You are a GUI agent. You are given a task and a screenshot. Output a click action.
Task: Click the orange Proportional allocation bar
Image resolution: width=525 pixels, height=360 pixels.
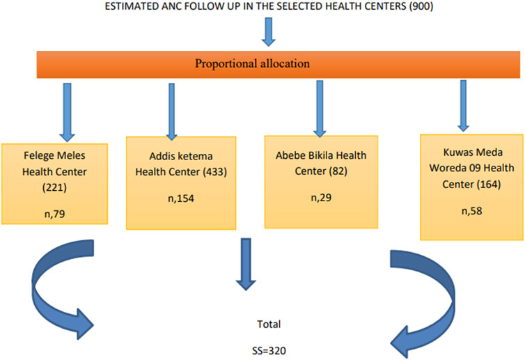coord(279,64)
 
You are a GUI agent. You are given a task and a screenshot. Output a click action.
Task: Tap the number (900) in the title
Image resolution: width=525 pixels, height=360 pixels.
coord(421,6)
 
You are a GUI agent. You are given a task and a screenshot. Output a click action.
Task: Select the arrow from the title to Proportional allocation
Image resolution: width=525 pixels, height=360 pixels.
coord(268,32)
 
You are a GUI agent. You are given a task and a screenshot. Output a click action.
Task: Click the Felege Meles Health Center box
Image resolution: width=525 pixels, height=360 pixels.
coord(54,184)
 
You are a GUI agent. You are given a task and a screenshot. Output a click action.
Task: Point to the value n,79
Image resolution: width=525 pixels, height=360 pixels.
coord(54,214)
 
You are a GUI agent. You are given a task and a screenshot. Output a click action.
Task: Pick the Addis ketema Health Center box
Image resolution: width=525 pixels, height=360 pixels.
coord(181,183)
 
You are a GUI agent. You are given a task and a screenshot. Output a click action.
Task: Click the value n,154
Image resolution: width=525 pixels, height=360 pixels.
coord(181,198)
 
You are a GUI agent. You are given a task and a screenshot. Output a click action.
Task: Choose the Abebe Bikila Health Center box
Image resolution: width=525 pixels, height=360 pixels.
coord(321,182)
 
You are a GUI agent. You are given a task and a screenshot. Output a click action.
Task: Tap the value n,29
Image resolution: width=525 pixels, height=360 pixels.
coord(321,198)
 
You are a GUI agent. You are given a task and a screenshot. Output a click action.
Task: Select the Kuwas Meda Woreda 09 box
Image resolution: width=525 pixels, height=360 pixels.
coord(471,187)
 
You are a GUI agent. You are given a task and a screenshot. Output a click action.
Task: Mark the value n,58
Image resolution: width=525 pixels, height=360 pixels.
coord(471,211)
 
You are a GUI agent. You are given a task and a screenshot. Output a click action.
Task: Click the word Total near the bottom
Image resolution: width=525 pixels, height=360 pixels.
coord(269,324)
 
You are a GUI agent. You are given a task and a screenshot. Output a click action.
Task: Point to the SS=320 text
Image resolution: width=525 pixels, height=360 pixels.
coord(269,351)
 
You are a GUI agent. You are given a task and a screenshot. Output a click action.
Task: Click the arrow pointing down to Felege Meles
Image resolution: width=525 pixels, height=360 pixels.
coord(67,113)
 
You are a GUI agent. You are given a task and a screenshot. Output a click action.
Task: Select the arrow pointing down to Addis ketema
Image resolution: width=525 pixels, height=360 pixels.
coord(171,111)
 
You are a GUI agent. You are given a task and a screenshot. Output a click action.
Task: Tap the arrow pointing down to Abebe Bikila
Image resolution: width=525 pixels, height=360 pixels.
coord(320,109)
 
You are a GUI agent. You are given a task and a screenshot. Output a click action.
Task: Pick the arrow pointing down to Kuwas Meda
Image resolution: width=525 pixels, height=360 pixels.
coord(464,105)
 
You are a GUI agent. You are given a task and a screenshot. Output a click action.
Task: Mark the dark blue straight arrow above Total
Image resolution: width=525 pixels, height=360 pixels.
coord(246,264)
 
